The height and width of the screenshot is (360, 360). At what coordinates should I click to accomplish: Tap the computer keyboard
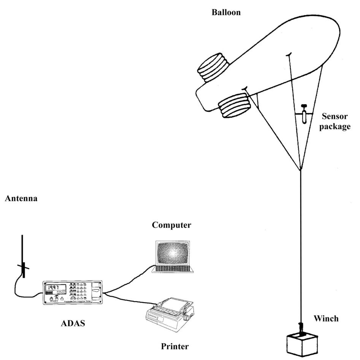click(173, 269)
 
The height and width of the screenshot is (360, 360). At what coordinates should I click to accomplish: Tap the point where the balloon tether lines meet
click(301, 170)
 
